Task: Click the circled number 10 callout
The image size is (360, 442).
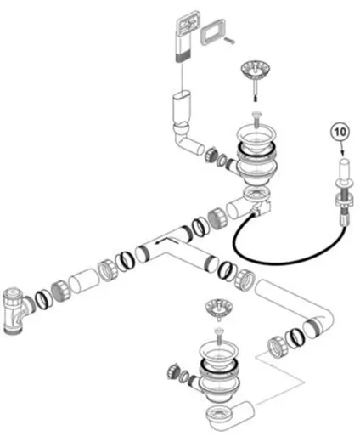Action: pos(340,132)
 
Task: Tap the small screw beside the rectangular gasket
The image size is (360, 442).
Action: pos(229,41)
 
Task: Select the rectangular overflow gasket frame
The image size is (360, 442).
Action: pos(213,31)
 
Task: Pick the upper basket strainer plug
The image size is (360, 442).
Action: pos(255,71)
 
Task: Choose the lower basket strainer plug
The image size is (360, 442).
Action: pos(219,308)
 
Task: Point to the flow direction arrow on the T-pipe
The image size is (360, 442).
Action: pos(166,241)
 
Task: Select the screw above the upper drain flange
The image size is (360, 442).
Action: pos(257,119)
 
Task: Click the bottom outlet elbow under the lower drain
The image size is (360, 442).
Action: pos(229,414)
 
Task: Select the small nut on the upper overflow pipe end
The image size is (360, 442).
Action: pos(211,155)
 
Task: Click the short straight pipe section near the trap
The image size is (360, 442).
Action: pos(84,280)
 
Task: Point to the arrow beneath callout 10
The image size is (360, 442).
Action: pos(342,150)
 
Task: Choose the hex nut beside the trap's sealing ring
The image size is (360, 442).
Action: pos(60,291)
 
